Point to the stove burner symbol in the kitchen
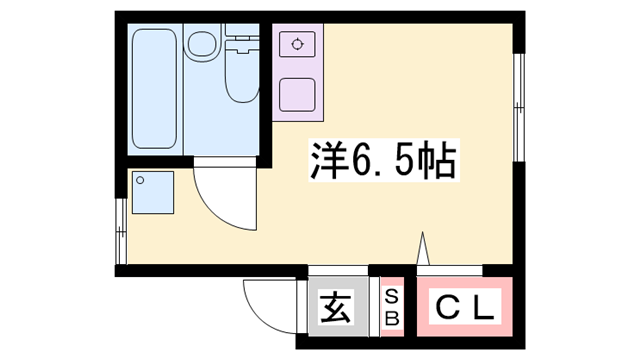[296, 44]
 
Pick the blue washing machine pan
[152, 192]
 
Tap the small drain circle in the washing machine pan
[141, 181]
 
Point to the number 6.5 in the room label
[384, 160]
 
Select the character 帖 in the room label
[440, 160]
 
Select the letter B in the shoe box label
[393, 319]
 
